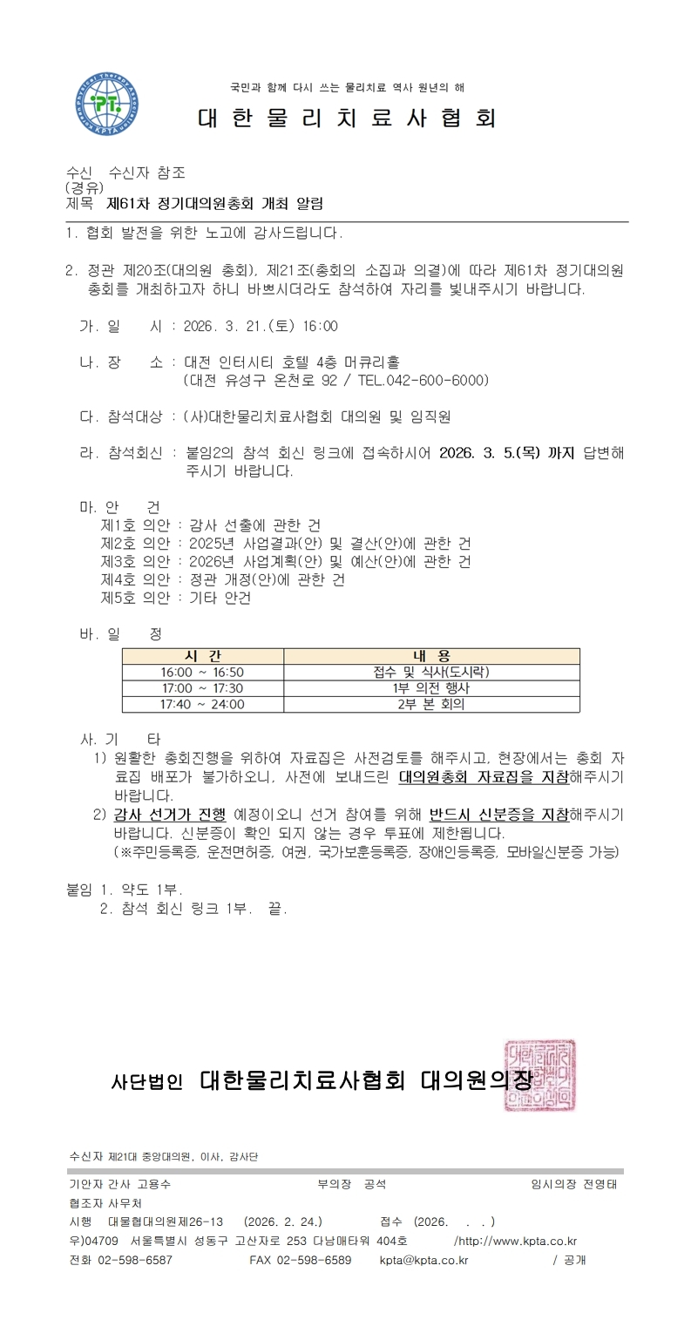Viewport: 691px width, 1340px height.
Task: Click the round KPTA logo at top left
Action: [x=105, y=102]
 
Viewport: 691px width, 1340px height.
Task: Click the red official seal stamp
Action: [x=539, y=1075]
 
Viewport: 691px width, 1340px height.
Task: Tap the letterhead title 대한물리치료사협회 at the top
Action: [x=347, y=118]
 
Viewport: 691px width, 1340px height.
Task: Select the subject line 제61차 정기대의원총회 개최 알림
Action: [x=214, y=204]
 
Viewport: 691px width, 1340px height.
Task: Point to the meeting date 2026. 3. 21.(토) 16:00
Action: [x=261, y=327]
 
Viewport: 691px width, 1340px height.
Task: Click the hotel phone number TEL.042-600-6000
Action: [x=420, y=381]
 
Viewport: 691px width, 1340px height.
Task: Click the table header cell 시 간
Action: [x=203, y=656]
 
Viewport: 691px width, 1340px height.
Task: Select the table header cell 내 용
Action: [x=431, y=656]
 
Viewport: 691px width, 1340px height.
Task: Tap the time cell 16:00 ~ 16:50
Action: [x=203, y=672]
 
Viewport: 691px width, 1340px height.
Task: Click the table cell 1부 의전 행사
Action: [x=431, y=688]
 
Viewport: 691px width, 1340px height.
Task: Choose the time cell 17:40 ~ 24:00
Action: [x=203, y=704]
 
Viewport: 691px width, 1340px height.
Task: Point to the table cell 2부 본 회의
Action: [x=431, y=704]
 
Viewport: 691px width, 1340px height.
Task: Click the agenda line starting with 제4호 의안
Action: [x=223, y=580]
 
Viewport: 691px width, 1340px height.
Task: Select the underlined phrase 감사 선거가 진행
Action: [x=170, y=815]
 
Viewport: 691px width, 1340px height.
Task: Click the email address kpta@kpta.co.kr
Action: [x=423, y=1260]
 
